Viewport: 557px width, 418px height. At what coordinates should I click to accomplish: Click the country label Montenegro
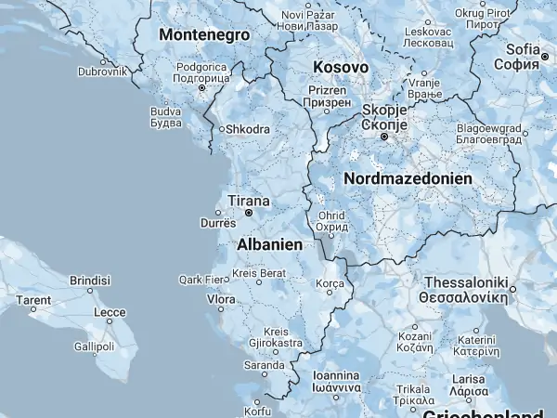coord(204,34)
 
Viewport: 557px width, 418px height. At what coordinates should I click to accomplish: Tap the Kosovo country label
coord(341,68)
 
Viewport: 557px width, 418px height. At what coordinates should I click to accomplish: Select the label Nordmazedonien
coord(408,177)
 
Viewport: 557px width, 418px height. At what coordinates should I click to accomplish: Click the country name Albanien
coord(270,244)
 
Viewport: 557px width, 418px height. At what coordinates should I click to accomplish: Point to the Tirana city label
coord(249,201)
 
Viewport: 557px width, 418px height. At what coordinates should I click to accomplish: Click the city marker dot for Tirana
coord(249,213)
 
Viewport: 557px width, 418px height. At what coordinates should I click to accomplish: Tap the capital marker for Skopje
coord(382,137)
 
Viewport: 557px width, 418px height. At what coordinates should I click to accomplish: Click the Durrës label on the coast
coord(219,223)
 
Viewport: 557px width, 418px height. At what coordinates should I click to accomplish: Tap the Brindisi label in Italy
coord(90,280)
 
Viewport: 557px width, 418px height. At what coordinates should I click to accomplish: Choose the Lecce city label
coord(110,312)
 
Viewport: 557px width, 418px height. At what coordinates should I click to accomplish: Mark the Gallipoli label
coord(94,346)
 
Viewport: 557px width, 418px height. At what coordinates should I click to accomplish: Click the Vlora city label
coord(220,300)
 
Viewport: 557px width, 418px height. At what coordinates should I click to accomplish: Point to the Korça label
coord(330,282)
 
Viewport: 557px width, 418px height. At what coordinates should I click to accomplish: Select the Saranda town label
coord(264,366)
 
